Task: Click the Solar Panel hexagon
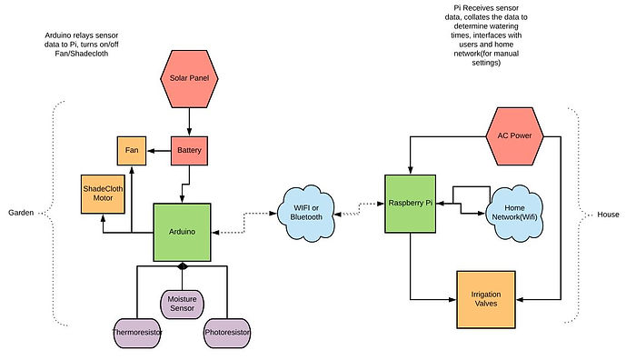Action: (190, 78)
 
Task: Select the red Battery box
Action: (190, 149)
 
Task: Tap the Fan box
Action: (130, 149)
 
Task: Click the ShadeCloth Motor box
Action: (103, 194)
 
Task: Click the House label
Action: (608, 215)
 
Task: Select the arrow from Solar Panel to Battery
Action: (190, 121)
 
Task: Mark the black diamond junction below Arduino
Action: (183, 266)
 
